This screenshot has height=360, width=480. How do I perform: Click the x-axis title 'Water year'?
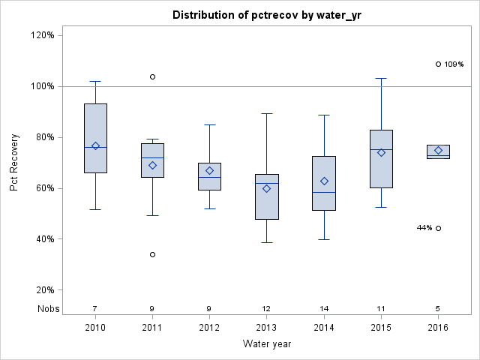pos(267,343)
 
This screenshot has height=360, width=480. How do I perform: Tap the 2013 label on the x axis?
pos(267,328)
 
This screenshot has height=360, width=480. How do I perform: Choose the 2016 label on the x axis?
pos(438,328)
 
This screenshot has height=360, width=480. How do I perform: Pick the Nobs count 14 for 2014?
pos(324,308)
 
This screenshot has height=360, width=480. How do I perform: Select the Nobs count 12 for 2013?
pos(267,308)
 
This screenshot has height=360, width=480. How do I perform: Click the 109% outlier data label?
pos(454,64)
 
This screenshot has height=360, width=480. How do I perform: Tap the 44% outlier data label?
pos(424,228)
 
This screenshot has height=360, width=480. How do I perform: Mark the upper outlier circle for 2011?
pos(152,76)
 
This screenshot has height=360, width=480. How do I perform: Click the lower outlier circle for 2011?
pos(152,254)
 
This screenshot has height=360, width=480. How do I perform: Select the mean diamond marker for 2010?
pos(95,145)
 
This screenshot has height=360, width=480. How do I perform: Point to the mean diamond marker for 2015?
pos(381,152)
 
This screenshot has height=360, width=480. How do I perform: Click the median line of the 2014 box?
pos(324,192)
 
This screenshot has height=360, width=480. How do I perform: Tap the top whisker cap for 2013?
pos(267,113)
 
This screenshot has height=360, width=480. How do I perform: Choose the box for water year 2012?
pos(209,176)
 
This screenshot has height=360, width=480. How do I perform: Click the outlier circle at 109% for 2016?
pos(438,64)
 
